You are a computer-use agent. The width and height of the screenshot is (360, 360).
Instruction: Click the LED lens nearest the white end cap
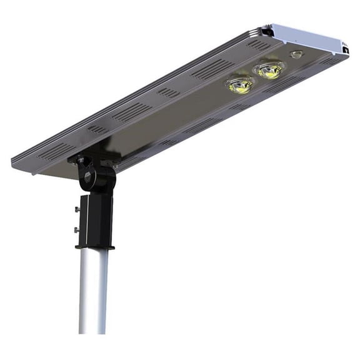click(269, 69)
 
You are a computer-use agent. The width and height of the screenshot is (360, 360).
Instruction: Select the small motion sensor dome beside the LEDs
click(296, 55)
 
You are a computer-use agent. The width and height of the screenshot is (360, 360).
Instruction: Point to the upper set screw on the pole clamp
click(77, 209)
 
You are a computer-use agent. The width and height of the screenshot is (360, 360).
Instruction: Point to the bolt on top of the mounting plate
click(80, 160)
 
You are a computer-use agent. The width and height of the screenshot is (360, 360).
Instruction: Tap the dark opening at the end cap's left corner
click(267, 29)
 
